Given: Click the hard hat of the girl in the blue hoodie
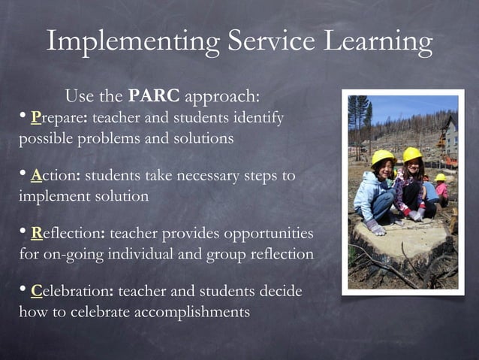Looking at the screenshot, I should pyautogui.click(x=383, y=156).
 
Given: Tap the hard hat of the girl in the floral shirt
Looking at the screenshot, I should pyautogui.click(x=412, y=153).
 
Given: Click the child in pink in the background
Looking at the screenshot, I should pyautogui.click(x=442, y=189).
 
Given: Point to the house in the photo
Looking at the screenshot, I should pyautogui.click(x=449, y=135).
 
